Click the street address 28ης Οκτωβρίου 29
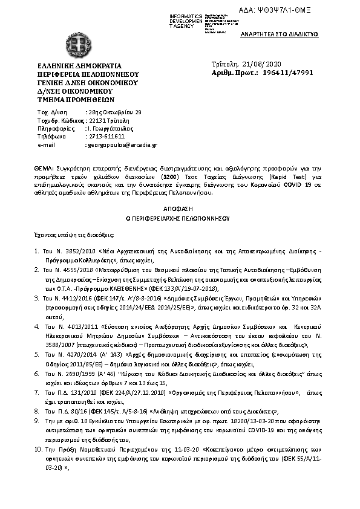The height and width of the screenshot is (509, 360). point(114,112)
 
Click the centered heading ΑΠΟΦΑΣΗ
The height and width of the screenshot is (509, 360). point(179,207)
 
